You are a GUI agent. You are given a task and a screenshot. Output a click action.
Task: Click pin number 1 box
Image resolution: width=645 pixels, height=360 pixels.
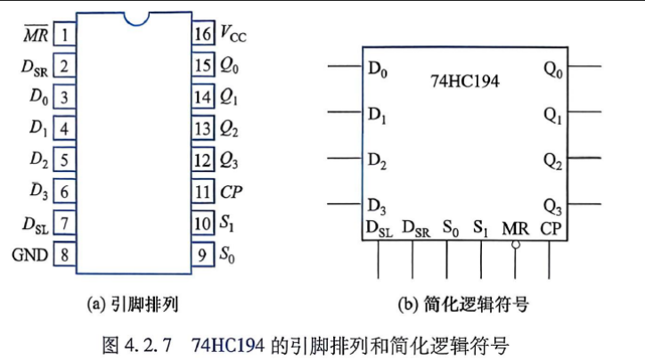point(64,34)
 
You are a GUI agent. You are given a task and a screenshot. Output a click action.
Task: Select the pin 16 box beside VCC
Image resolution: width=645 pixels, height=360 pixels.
point(203,33)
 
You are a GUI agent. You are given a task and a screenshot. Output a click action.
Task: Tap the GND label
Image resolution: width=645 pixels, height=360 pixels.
point(29,255)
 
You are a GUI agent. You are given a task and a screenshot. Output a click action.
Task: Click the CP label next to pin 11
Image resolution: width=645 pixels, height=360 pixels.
point(231,192)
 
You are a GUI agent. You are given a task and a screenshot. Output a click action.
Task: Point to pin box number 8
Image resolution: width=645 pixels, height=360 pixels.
point(64,255)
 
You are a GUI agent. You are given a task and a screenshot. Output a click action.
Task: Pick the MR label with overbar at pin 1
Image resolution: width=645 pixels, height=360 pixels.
point(36,34)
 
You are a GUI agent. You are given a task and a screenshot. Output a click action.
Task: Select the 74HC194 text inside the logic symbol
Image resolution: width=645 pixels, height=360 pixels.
point(465,81)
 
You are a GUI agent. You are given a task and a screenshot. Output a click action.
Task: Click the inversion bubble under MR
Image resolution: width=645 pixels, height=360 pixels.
point(516,245)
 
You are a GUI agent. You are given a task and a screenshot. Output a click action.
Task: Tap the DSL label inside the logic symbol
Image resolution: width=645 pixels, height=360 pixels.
point(379,229)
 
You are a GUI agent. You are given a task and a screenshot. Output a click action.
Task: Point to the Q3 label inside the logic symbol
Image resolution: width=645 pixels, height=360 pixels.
point(552,207)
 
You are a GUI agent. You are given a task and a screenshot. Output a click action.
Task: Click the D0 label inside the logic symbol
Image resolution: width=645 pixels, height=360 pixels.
point(378,70)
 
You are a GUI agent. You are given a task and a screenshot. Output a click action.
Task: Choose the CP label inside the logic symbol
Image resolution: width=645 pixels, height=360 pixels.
point(551,228)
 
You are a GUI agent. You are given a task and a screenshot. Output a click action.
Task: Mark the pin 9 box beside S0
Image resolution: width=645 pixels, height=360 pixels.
point(203,255)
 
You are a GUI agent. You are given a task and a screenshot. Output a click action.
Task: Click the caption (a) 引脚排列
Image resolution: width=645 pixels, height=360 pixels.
point(133,305)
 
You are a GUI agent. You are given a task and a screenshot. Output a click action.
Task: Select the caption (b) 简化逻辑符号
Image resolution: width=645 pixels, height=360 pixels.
point(463,305)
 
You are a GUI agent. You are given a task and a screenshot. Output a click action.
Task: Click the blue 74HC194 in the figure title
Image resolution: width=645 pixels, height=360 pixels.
point(228,345)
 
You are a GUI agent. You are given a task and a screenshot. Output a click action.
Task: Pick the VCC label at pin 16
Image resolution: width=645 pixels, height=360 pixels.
point(233,33)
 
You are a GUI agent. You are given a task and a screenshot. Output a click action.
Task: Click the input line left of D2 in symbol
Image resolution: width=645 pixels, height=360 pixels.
point(345,158)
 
